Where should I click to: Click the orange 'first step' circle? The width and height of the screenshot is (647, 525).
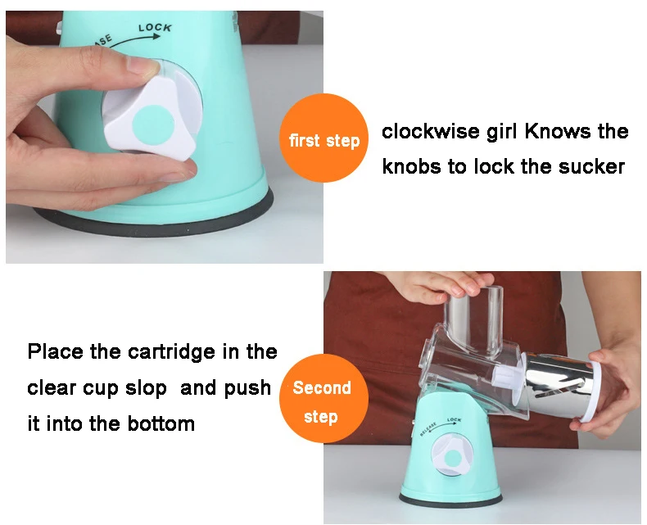[x=324, y=138]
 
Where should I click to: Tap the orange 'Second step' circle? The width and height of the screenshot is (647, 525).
[x=323, y=399]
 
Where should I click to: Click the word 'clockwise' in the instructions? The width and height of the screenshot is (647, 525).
[x=431, y=132]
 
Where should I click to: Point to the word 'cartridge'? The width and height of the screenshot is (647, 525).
[x=172, y=352]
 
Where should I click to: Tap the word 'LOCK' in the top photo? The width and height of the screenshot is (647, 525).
[x=155, y=28]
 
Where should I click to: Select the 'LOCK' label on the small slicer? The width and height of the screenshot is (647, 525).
[x=454, y=419]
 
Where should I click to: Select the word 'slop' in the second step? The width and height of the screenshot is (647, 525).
[x=146, y=388]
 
